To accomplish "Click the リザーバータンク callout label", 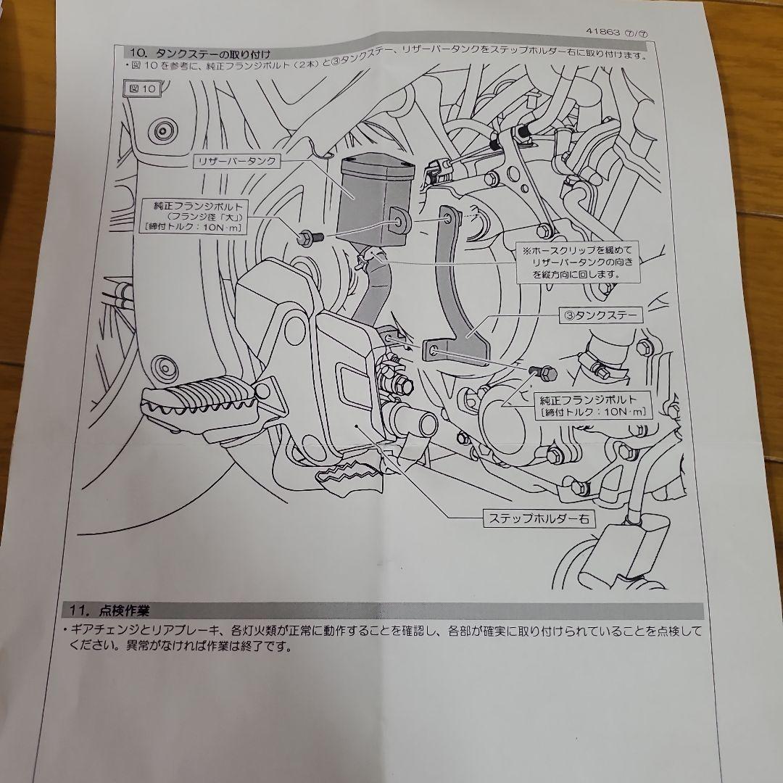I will click(x=236, y=161).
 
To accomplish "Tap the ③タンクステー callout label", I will click(x=600, y=316).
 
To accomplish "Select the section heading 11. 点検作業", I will click(x=107, y=608).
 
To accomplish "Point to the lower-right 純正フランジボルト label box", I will click(x=592, y=406).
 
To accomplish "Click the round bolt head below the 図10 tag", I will click(x=161, y=130).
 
